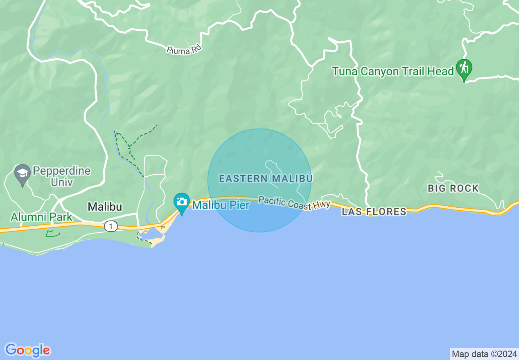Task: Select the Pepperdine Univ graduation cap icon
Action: pyautogui.click(x=23, y=173)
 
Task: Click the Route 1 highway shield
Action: pyautogui.click(x=110, y=226)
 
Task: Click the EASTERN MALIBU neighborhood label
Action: pyautogui.click(x=266, y=179)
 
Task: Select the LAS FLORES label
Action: pyautogui.click(x=374, y=211)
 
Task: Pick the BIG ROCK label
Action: pyautogui.click(x=453, y=189)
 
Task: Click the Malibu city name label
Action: pyautogui.click(x=105, y=207)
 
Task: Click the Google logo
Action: pyautogui.click(x=27, y=350)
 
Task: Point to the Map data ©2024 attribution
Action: pyautogui.click(x=484, y=353)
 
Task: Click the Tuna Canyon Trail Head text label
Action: pyautogui.click(x=393, y=72)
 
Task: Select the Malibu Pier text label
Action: pyautogui.click(x=221, y=205)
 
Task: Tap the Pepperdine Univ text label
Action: pyautogui.click(x=61, y=176)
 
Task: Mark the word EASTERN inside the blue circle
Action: pyautogui.click(x=243, y=179)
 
